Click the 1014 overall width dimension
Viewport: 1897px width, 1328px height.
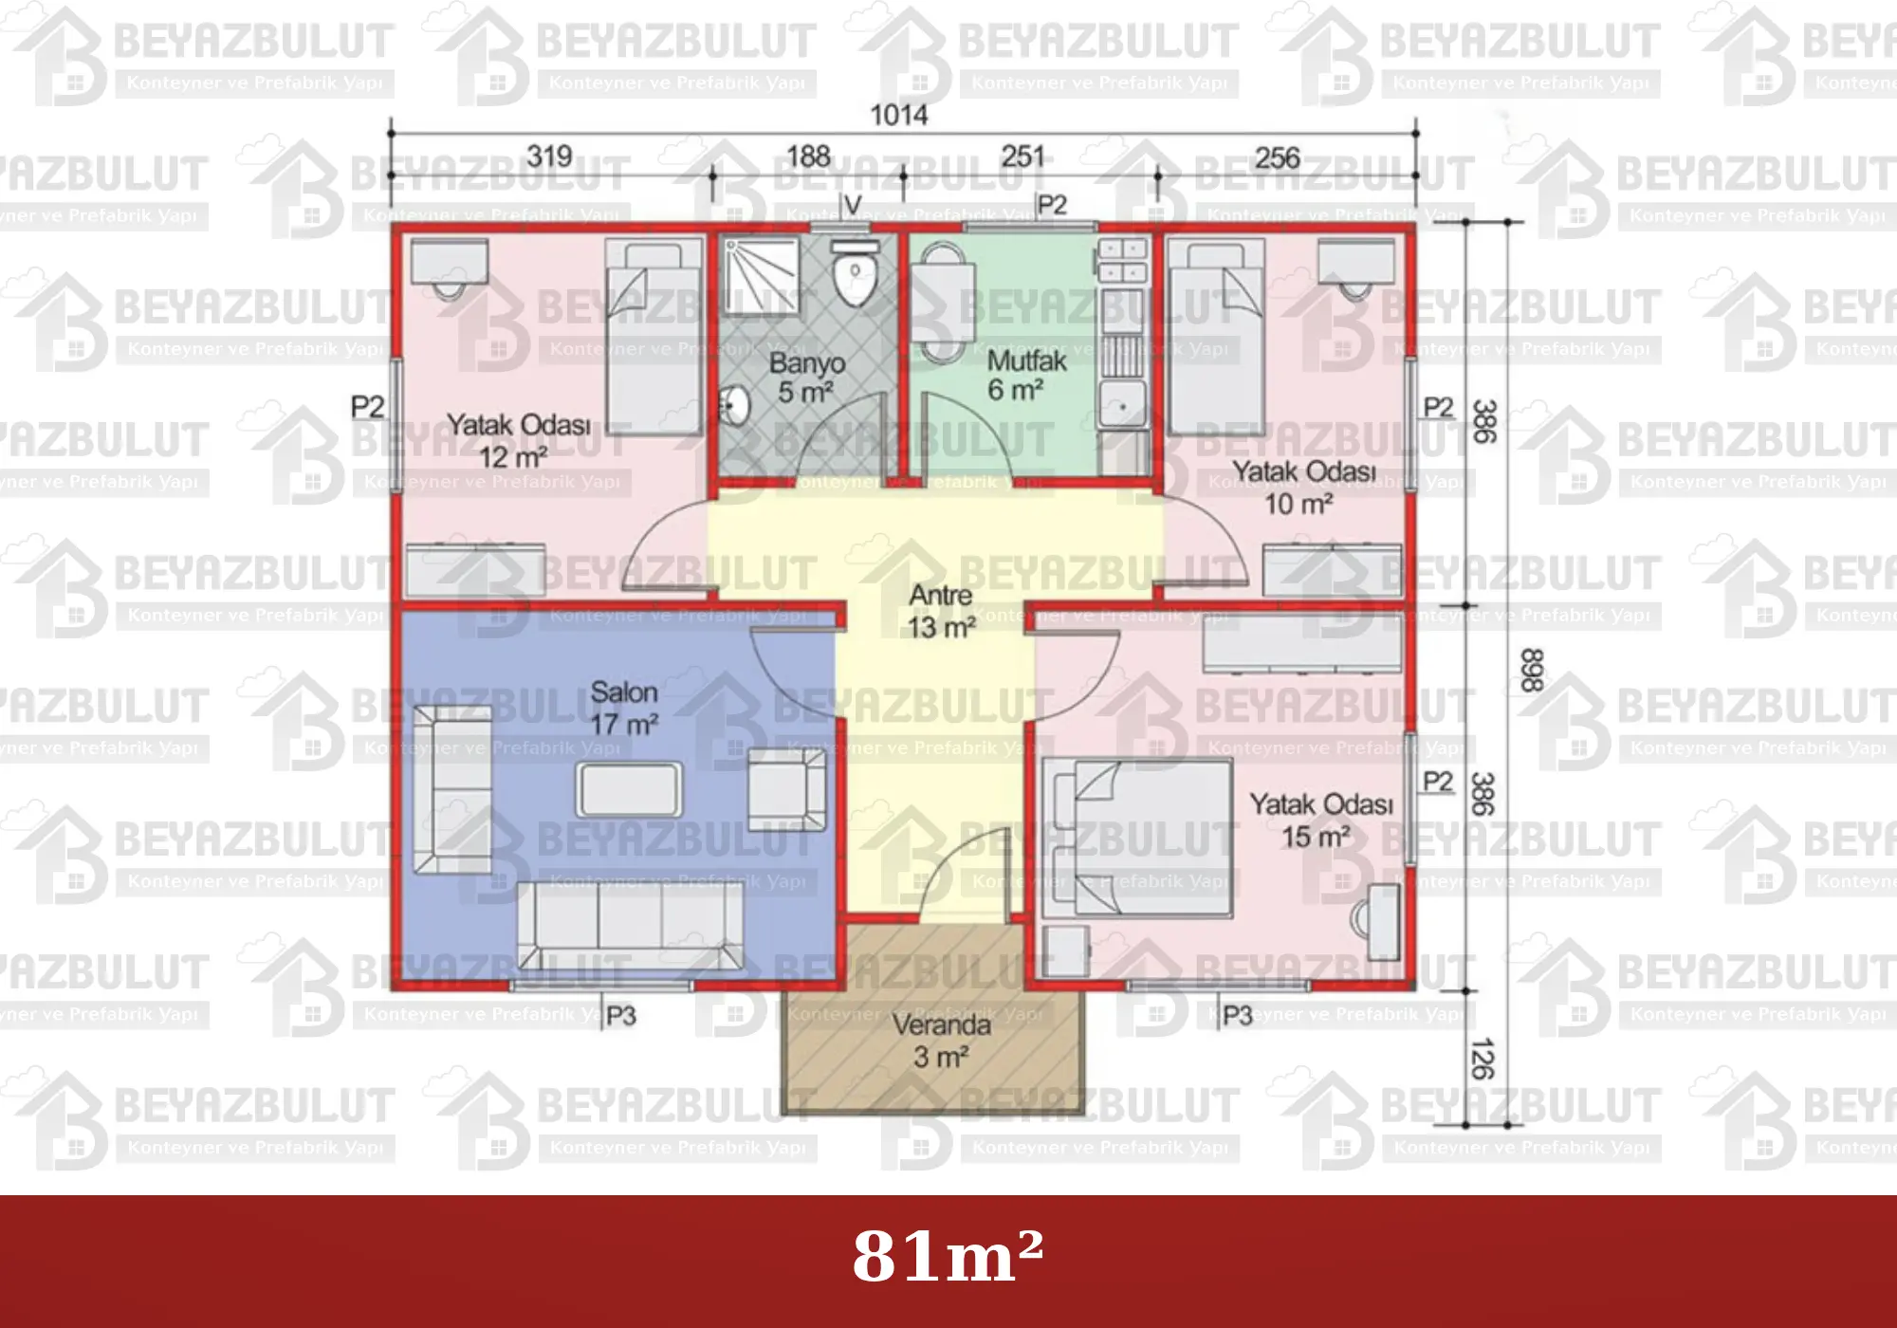[899, 115]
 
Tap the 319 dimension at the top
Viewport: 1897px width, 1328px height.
[550, 156]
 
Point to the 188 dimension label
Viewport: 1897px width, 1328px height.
[808, 156]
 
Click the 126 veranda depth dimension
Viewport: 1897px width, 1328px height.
[1482, 1059]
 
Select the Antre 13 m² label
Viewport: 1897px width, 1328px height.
[941, 611]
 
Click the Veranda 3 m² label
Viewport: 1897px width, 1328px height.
[941, 1041]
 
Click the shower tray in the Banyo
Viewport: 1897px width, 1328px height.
[761, 276]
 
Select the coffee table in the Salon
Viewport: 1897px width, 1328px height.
[629, 789]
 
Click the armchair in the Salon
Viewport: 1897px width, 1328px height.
[787, 789]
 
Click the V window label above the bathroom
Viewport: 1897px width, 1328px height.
[853, 205]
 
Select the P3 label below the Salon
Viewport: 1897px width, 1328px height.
[621, 1017]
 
